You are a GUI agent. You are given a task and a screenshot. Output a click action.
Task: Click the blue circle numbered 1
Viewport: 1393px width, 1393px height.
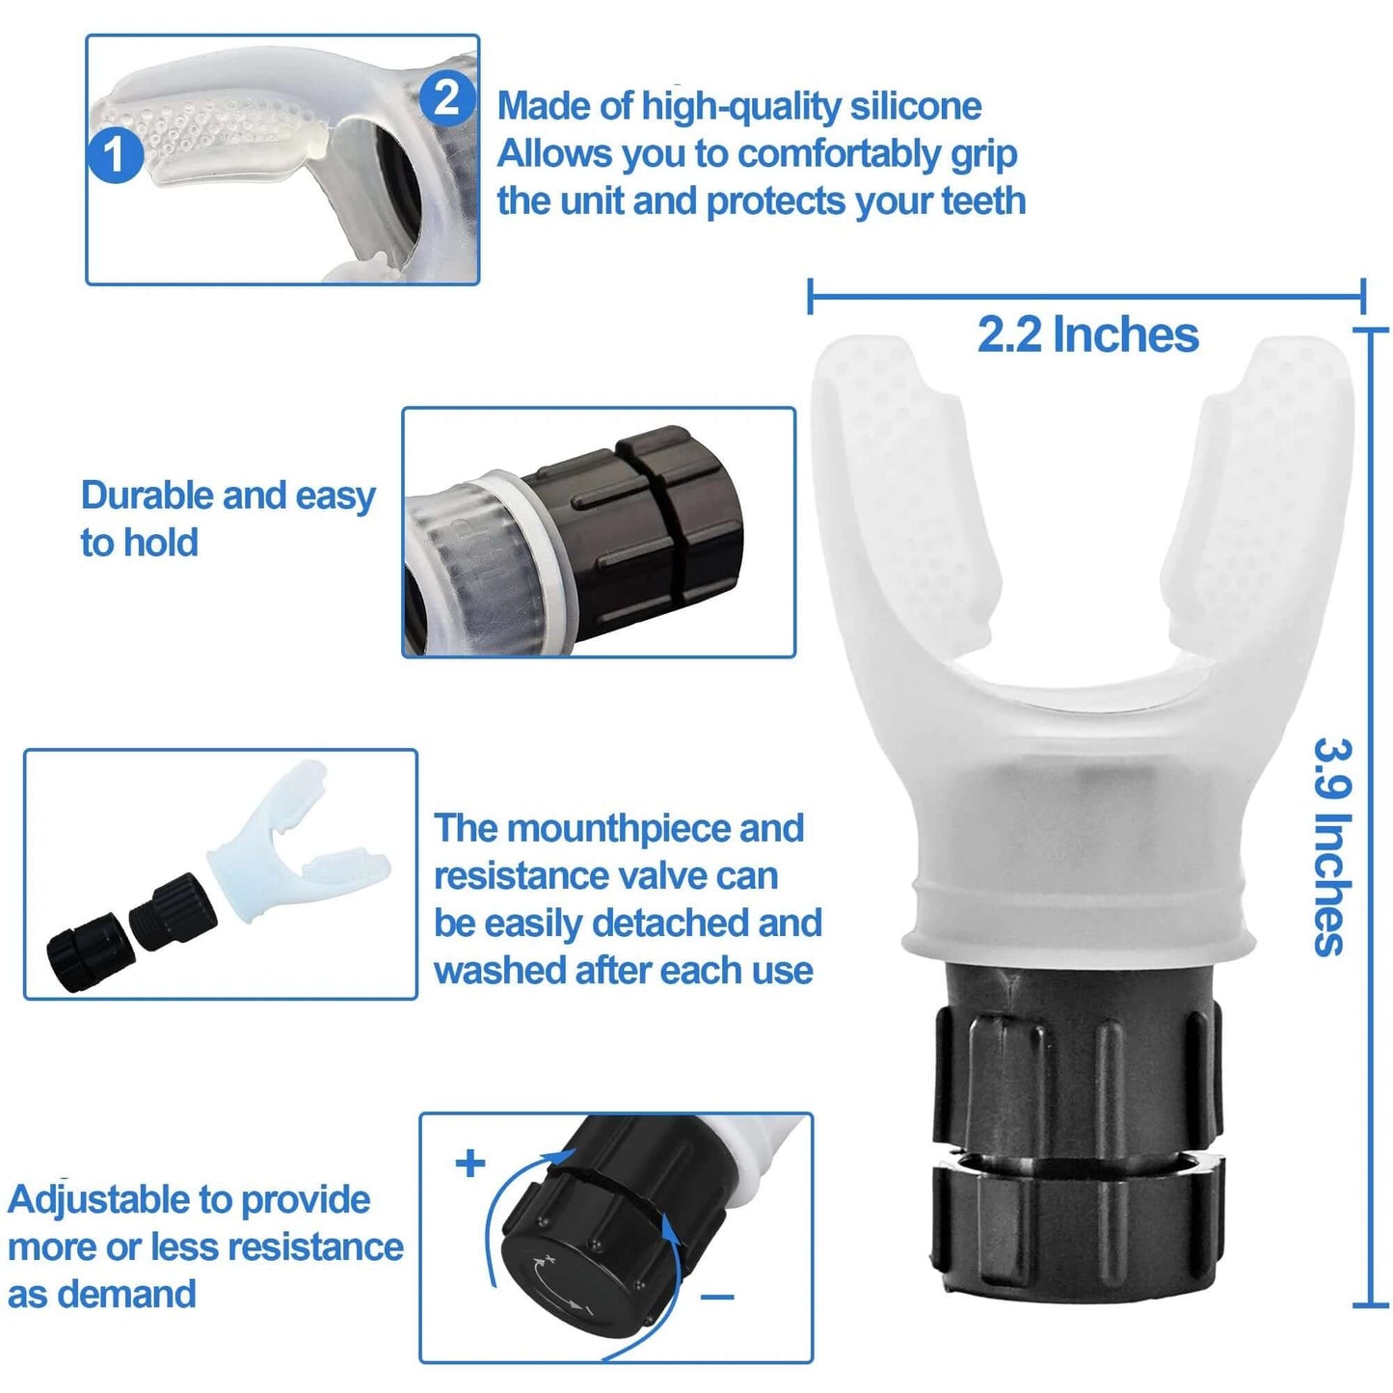(115, 155)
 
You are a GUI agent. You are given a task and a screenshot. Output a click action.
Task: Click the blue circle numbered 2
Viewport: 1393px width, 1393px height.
(447, 98)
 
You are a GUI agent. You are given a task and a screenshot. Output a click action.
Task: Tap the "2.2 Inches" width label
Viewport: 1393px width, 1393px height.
(1087, 335)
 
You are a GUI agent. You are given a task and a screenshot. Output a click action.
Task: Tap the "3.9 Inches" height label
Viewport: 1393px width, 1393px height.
(1332, 846)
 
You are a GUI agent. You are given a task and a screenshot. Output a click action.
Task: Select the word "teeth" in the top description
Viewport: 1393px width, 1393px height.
(983, 201)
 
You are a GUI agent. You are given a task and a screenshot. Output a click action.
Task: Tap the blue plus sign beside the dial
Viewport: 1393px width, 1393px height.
(470, 1163)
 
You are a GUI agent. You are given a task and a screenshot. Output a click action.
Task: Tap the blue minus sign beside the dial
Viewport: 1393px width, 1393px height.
(717, 1298)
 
